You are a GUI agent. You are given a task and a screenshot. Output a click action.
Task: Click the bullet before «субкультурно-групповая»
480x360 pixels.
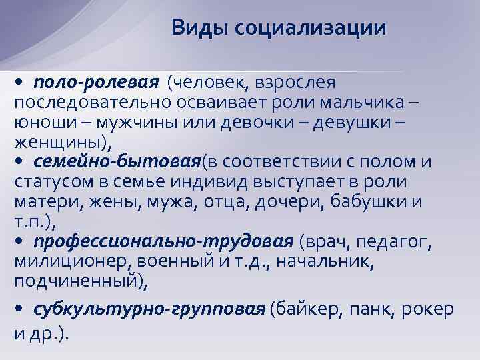click(x=19, y=309)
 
